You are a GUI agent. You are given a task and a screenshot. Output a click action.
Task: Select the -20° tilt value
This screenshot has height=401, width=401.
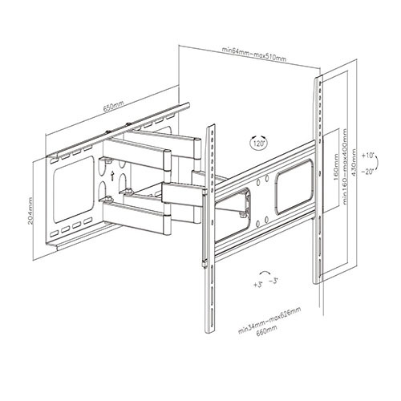click(x=369, y=171)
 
